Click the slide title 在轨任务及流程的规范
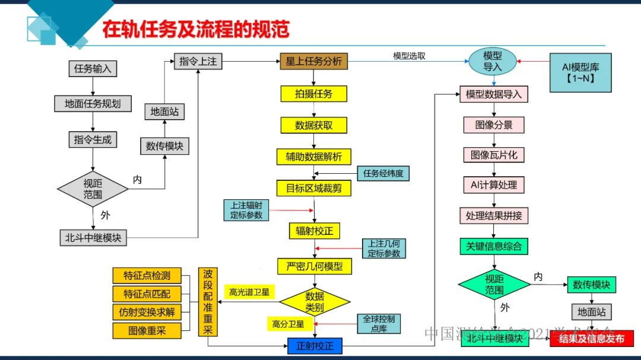coord(195,30)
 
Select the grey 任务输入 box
coord(93,68)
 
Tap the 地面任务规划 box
coord(93,103)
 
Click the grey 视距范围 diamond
coord(93,189)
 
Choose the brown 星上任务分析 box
coord(314,62)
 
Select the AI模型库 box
coord(580,72)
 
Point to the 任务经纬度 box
coord(383,174)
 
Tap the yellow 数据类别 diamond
coord(314,301)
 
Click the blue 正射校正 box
coord(315,346)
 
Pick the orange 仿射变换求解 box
coord(146,312)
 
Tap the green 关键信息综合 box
coord(493,246)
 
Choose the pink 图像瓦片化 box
coord(493,154)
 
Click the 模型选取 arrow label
coord(409,56)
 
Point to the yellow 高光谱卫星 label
coord(249,292)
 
